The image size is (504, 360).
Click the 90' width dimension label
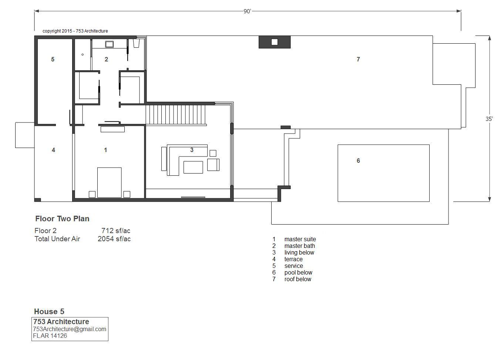point(247,11)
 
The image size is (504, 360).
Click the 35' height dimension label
point(489,119)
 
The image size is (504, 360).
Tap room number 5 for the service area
point(53,60)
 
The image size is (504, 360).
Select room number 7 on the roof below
point(358,59)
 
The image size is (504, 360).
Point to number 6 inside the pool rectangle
point(358,161)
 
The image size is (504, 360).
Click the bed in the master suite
point(110,182)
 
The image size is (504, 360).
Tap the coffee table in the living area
point(193,167)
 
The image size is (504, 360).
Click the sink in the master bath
point(110,44)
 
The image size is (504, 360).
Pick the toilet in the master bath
point(136,43)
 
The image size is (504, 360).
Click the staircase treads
point(175,115)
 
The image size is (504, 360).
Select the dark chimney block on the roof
point(275,42)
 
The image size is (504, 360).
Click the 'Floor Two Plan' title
point(62,219)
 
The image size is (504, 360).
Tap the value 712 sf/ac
point(116,231)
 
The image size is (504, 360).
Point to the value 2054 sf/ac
point(114,239)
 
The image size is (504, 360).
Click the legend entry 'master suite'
point(300,239)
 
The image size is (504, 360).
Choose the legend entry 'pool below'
point(298,272)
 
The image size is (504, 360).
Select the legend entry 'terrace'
point(293,259)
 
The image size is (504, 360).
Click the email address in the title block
point(70,329)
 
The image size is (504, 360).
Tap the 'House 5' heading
point(49,312)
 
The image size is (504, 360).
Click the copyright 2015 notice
point(75,31)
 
